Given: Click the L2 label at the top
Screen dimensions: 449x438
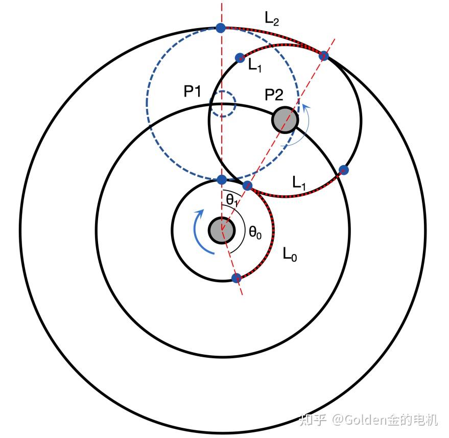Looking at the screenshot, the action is [x=272, y=19].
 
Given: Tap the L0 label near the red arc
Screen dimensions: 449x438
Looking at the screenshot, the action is [x=290, y=254].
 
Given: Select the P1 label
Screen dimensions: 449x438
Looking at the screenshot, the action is [x=193, y=92].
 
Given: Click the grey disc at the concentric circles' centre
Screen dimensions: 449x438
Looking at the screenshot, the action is [x=222, y=230].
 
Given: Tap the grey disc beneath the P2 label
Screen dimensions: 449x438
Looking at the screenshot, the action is [x=285, y=120].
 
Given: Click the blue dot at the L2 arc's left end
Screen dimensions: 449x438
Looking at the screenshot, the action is [x=220, y=28].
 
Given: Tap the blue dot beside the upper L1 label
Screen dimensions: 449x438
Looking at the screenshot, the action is [x=240, y=58].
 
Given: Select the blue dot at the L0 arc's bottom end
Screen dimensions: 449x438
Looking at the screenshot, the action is [x=236, y=278].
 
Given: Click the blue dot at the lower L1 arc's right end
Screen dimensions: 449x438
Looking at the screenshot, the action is [x=344, y=170].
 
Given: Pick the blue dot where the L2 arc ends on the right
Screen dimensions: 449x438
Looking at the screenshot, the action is [x=323, y=56].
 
